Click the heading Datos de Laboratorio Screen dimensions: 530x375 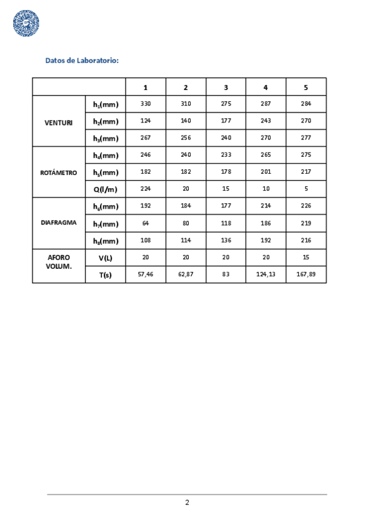click(82, 61)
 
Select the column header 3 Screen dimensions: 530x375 click(226, 87)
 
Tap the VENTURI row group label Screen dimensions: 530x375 click(59, 122)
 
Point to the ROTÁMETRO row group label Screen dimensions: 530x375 click(59, 172)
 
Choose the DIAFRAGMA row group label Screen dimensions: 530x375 click(59, 222)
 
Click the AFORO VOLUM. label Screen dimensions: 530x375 click(59, 261)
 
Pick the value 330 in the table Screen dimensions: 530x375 click(146, 104)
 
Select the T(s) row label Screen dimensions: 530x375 click(105, 274)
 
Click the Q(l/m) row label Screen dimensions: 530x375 click(105, 189)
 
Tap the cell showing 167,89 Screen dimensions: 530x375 click(306, 274)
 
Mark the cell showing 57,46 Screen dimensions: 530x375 click(146, 274)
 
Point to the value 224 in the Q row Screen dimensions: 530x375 click(146, 189)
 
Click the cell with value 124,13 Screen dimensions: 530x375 click(266, 274)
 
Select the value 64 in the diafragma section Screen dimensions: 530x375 click(146, 223)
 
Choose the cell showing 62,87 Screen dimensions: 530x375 click(186, 274)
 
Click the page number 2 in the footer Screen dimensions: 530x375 click(187, 502)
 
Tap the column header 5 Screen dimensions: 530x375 click(306, 87)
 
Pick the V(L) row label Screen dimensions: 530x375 click(105, 257)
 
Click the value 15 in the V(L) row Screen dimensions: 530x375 click(306, 257)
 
